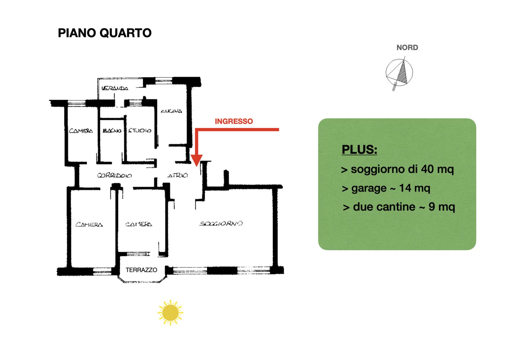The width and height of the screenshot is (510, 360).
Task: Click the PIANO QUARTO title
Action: pyautogui.click(x=105, y=33)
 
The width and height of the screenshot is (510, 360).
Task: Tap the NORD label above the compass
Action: pyautogui.click(x=407, y=48)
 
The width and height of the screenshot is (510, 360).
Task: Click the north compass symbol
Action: pyautogui.click(x=399, y=73)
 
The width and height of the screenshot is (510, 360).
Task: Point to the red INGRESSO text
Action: pyautogui.click(x=234, y=121)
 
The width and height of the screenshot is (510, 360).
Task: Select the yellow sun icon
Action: pyautogui.click(x=170, y=312)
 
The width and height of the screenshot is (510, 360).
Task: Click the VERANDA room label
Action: pyautogui.click(x=115, y=88)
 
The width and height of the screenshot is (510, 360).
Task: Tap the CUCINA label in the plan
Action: pyautogui.click(x=171, y=111)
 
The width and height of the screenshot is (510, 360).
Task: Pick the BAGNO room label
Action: pyautogui.click(x=112, y=130)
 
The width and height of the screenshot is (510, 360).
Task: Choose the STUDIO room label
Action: pyautogui.click(x=140, y=130)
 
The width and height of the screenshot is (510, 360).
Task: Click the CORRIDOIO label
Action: pyautogui.click(x=114, y=175)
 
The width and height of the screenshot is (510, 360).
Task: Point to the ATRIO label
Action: pyautogui.click(x=178, y=175)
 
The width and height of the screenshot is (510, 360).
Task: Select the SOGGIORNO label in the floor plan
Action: pyautogui.click(x=221, y=224)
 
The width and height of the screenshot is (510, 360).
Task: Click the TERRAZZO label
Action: pyautogui.click(x=141, y=270)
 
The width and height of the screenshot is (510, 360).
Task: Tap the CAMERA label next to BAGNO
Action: pyautogui.click(x=81, y=131)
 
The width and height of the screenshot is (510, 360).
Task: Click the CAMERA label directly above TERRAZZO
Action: pyautogui.click(x=139, y=224)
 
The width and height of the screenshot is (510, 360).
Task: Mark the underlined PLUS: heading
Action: pyautogui.click(x=359, y=149)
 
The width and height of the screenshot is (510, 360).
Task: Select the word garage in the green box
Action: pyautogui.click(x=369, y=188)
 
